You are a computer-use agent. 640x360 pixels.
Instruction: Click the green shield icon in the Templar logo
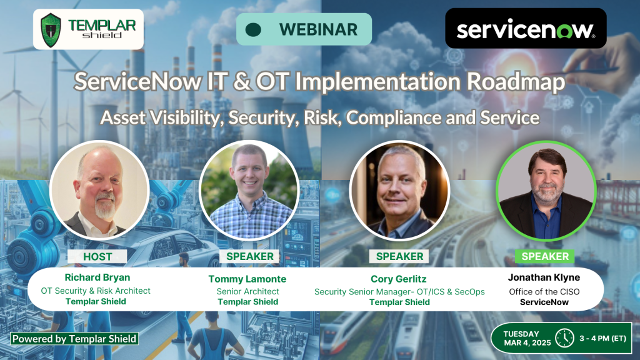tap(51, 30)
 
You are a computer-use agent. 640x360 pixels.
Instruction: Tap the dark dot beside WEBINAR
tap(254, 29)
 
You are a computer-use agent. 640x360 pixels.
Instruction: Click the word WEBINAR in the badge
tap(318, 29)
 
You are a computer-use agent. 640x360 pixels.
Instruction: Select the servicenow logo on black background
tap(526, 28)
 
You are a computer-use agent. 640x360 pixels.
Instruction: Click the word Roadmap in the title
tap(516, 82)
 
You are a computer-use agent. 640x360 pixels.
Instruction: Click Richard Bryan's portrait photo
tap(99, 190)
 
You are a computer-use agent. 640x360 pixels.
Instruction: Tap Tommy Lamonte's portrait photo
tap(249, 190)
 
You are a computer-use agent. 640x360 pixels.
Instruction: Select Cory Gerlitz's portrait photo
tap(399, 190)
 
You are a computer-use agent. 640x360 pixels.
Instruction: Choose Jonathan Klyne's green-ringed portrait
tap(546, 191)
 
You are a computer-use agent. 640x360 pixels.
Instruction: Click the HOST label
tap(97, 256)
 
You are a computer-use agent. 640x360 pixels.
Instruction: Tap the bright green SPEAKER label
tap(545, 256)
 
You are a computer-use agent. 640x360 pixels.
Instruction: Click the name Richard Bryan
tap(97, 277)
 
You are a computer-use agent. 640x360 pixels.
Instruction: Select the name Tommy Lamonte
tap(247, 279)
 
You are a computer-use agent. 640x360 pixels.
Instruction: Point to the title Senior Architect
tap(247, 291)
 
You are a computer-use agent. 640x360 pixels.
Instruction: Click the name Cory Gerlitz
tap(398, 279)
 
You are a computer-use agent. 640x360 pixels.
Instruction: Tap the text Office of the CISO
tap(544, 292)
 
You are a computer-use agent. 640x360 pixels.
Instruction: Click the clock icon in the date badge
tap(565, 338)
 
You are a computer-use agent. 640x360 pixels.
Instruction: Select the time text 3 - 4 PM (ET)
tap(603, 338)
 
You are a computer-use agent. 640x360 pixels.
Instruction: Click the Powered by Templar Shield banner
tap(74, 339)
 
